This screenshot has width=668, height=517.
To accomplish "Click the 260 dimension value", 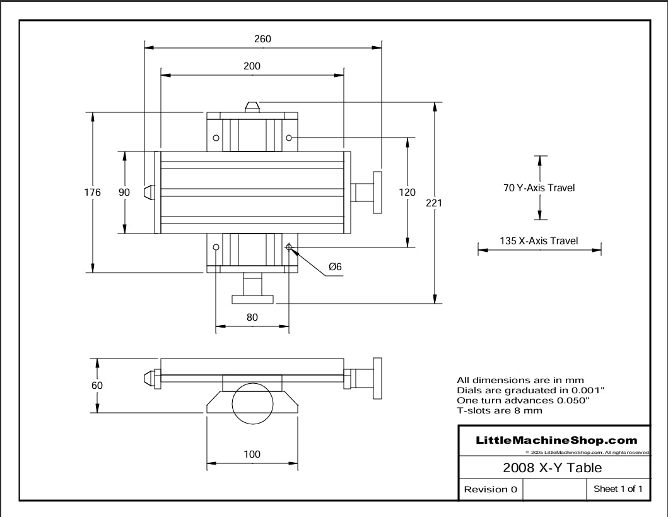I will tap(262, 39).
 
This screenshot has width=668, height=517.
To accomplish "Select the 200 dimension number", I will tap(252, 66).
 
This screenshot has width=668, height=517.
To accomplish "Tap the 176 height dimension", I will tap(93, 193).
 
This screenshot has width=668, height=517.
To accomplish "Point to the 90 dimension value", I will tap(124, 193).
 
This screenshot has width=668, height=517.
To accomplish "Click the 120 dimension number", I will tap(407, 193).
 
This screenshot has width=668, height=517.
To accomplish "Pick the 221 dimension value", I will tap(434, 203).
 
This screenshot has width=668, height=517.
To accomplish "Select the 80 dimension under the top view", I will tap(252, 318).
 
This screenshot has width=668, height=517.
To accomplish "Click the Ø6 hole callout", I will tap(335, 267).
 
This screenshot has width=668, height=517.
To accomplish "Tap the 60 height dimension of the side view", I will tap(97, 385).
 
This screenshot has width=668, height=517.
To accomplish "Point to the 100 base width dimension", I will tap(252, 454).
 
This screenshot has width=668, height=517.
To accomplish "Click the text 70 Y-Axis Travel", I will tap(539, 188).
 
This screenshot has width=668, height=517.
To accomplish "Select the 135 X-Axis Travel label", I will tap(539, 241).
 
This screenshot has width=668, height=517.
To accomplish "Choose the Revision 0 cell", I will tap(490, 489).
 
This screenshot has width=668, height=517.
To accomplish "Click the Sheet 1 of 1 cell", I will tap(618, 489).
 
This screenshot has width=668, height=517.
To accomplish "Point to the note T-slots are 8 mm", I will tap(499, 410).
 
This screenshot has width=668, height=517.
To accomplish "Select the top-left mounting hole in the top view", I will tap(216, 138).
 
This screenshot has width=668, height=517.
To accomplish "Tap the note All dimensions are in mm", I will tap(520, 380).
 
